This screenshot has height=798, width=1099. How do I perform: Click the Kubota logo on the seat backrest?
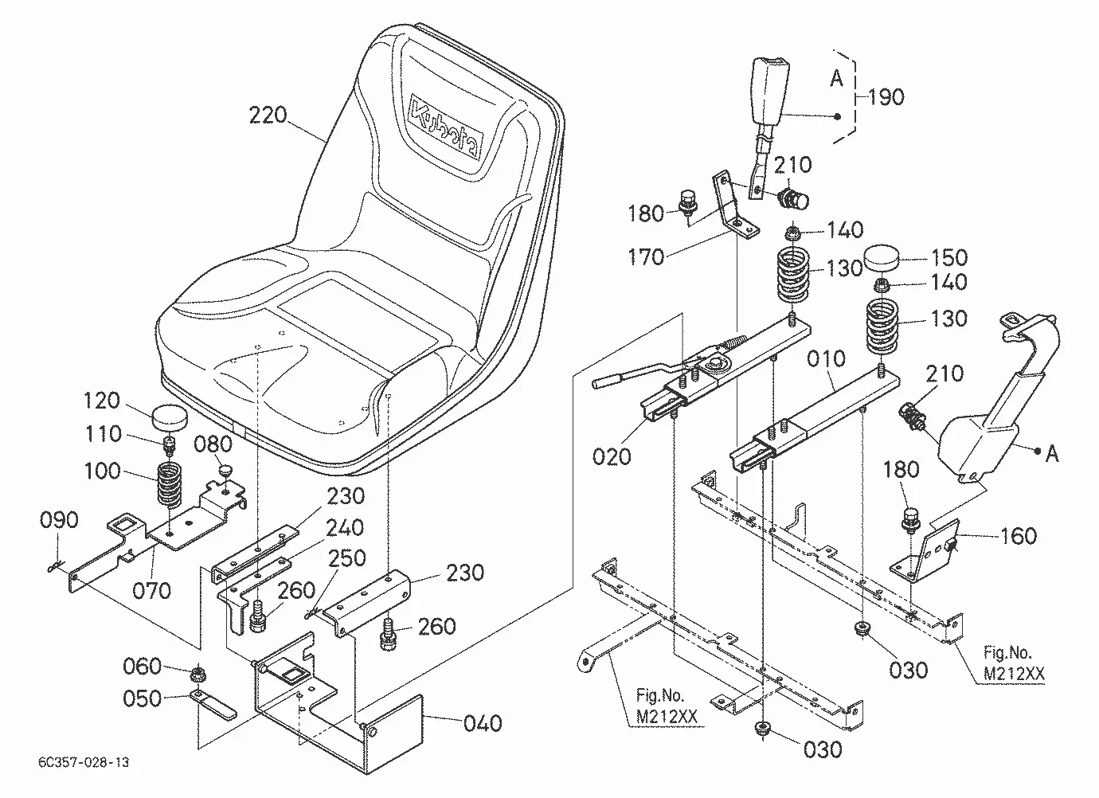click(445, 127)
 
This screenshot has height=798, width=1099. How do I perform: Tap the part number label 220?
click(268, 115)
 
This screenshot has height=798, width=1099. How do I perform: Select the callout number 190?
click(886, 97)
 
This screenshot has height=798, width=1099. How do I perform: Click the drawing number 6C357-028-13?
click(84, 761)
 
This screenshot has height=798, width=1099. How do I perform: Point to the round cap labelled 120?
click(170, 417)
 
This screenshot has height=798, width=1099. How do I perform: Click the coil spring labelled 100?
click(170, 484)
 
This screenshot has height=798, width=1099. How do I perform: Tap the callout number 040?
click(483, 723)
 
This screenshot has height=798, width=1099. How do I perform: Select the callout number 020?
click(612, 456)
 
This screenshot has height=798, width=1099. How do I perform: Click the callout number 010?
click(826, 358)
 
